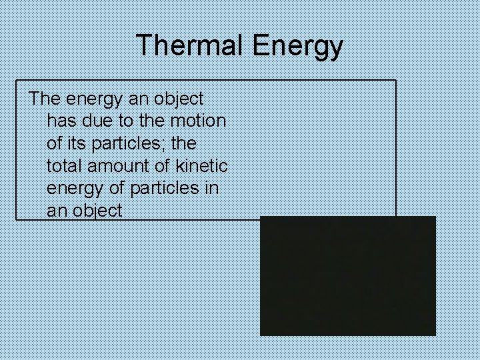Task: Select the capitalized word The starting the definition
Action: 45,99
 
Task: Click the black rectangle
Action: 347,275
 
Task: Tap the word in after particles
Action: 211,189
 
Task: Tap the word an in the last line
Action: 57,211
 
